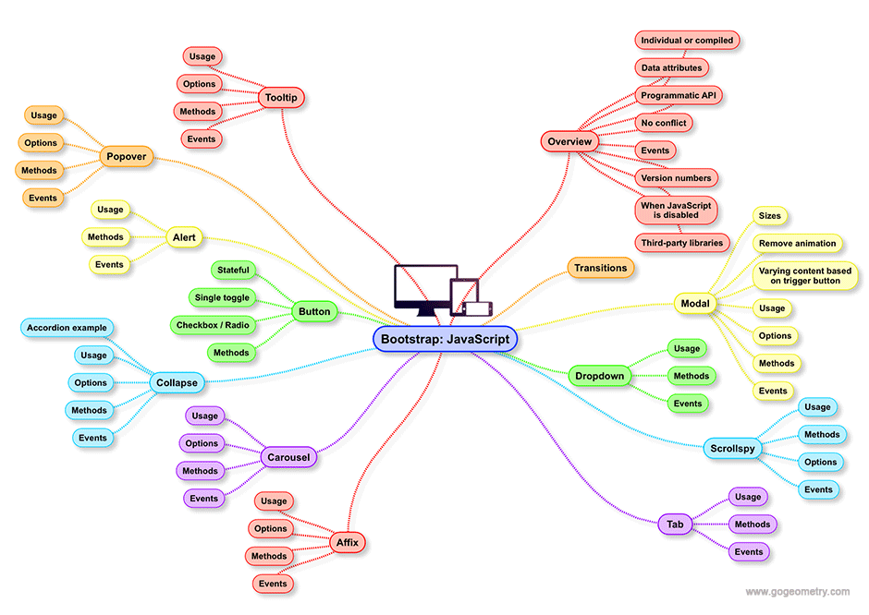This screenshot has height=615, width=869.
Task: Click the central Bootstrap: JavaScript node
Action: [445, 339]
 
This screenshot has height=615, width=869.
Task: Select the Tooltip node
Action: [281, 98]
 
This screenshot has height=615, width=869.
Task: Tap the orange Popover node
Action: [127, 157]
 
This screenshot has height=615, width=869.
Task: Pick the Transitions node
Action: [601, 269]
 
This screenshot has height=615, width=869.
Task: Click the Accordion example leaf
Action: [67, 328]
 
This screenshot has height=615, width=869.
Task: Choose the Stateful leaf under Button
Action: [233, 271]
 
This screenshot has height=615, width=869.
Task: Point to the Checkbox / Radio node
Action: [213, 325]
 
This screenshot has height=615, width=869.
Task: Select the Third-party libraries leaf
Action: [682, 243]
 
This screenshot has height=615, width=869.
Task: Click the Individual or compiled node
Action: [687, 41]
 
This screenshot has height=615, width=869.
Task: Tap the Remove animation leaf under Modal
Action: [798, 244]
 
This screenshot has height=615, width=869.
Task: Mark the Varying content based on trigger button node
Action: [805, 276]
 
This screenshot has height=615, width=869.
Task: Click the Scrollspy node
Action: [733, 449]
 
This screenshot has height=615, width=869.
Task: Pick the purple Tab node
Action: [675, 525]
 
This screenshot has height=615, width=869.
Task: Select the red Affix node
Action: [348, 543]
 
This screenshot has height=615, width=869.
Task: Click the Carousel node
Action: [288, 458]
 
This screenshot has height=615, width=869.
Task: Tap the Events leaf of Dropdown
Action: [688, 404]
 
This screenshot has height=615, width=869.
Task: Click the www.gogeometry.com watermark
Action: [798, 592]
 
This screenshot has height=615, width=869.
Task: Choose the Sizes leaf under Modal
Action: [770, 216]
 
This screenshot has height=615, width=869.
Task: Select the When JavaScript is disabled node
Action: [676, 211]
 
